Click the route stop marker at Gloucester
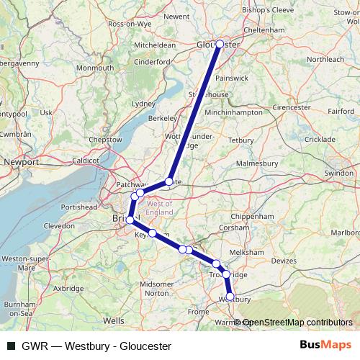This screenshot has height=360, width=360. [x=220, y=44]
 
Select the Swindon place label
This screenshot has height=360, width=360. [x=339, y=174]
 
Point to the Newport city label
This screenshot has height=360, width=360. [x=21, y=163]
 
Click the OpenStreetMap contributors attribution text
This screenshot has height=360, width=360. [x=297, y=323]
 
